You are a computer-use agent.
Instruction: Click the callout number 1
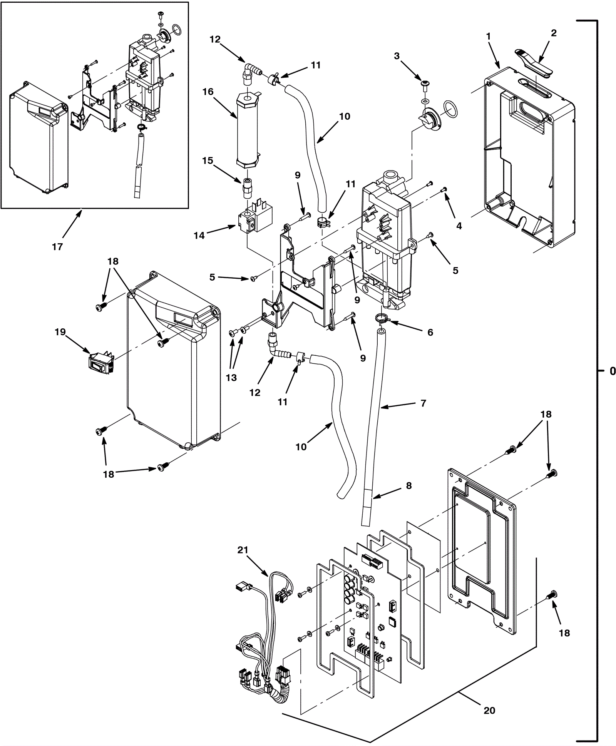coord(488,37)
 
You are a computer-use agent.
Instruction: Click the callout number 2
coord(554,33)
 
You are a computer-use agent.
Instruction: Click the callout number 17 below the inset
coord(57,247)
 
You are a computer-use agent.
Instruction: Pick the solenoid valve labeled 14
coord(252,220)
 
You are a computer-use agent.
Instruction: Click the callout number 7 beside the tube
coord(423,403)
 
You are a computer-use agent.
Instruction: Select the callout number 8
coord(408,486)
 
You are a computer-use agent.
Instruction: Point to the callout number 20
coord(489,711)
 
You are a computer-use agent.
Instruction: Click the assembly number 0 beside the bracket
coord(613,371)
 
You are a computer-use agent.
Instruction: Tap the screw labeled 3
coord(425,84)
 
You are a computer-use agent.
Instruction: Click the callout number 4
coord(459,226)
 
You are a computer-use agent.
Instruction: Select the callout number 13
coord(231,378)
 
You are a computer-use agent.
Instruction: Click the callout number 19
coord(60,332)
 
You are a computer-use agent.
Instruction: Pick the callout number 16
coord(208,92)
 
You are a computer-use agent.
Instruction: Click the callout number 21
coord(243,550)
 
